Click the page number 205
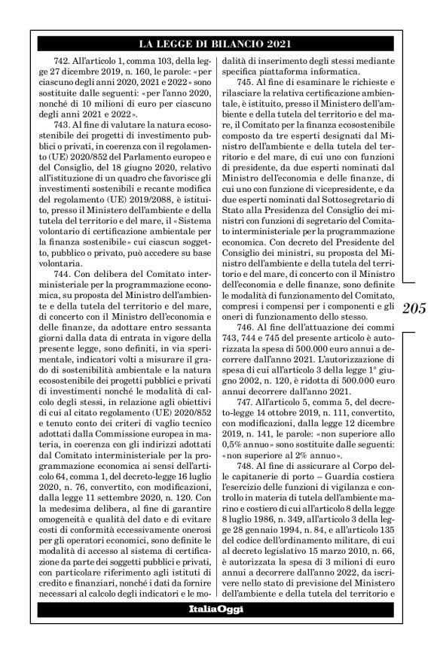click(414, 309)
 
